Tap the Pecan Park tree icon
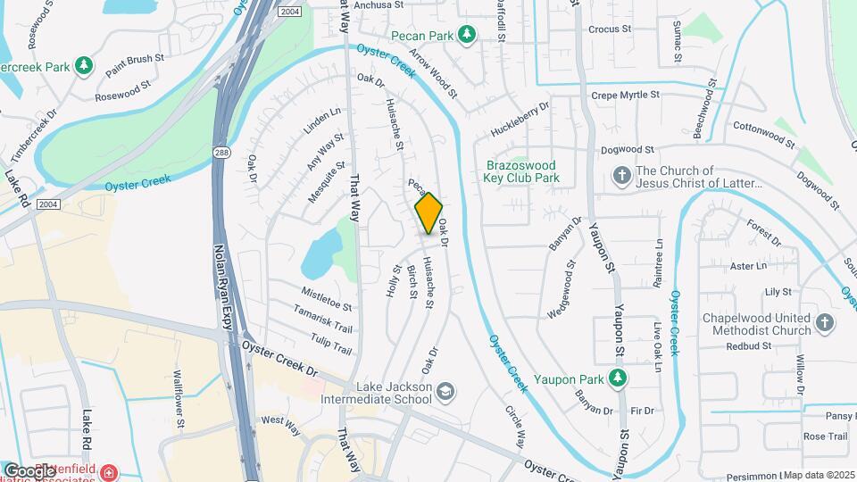(465, 35)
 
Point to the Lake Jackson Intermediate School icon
(445, 391)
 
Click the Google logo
(29, 470)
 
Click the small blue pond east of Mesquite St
(320, 251)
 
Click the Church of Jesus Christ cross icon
(621, 177)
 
